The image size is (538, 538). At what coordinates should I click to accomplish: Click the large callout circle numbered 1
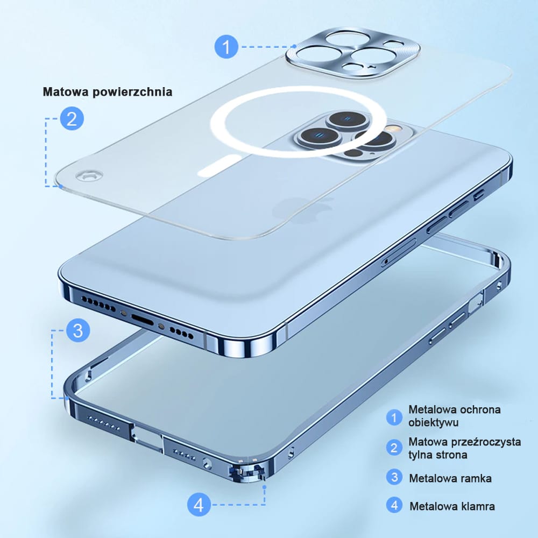[x=226, y=47]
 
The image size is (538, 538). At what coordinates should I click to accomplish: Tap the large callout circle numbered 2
[x=72, y=118]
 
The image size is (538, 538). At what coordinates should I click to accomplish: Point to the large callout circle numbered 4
[x=199, y=505]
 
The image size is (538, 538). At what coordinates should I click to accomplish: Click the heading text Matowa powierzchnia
[x=108, y=92]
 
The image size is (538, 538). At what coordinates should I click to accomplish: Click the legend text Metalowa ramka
[x=450, y=478]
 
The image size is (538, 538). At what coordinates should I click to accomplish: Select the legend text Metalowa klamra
[x=452, y=506]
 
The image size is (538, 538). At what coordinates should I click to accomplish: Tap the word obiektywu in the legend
[x=433, y=422]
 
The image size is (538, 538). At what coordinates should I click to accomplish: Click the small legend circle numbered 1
[x=394, y=417]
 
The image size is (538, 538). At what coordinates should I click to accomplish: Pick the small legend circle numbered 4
[x=394, y=506]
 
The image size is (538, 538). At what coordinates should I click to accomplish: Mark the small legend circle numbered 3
[x=394, y=477]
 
